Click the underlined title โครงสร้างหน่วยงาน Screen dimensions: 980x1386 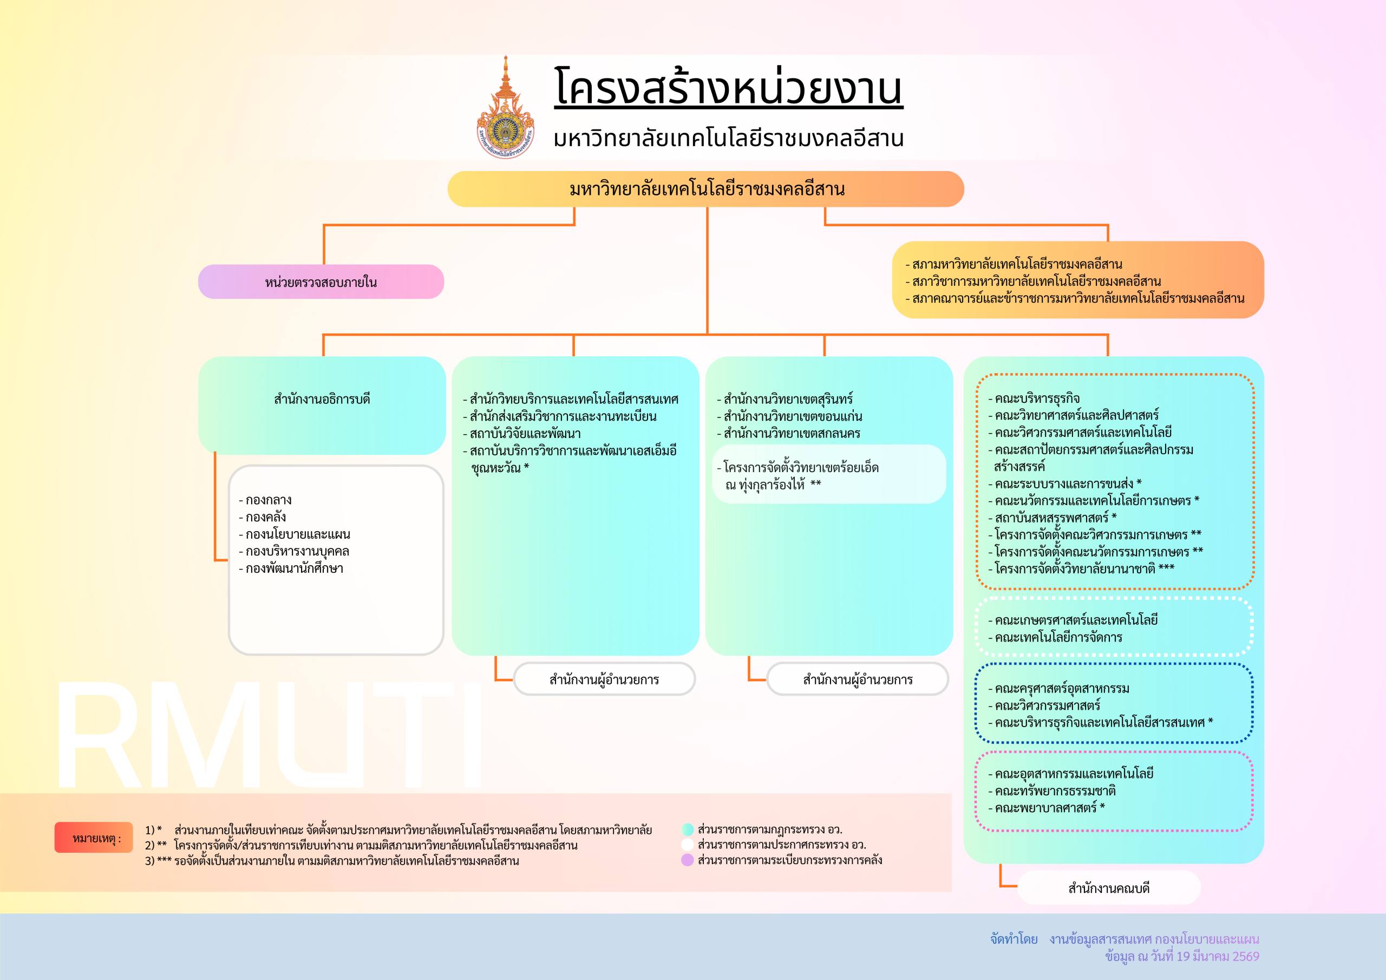[728, 88]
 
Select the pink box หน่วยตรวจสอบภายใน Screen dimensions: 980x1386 [321, 282]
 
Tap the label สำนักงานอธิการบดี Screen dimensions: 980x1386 [322, 399]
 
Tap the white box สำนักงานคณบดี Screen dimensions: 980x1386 [1108, 888]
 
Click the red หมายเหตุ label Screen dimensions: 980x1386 [94, 838]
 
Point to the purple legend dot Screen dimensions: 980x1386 [687, 860]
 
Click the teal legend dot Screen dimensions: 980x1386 [687, 829]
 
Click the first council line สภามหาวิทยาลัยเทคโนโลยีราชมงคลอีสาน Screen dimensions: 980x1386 [1017, 264]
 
